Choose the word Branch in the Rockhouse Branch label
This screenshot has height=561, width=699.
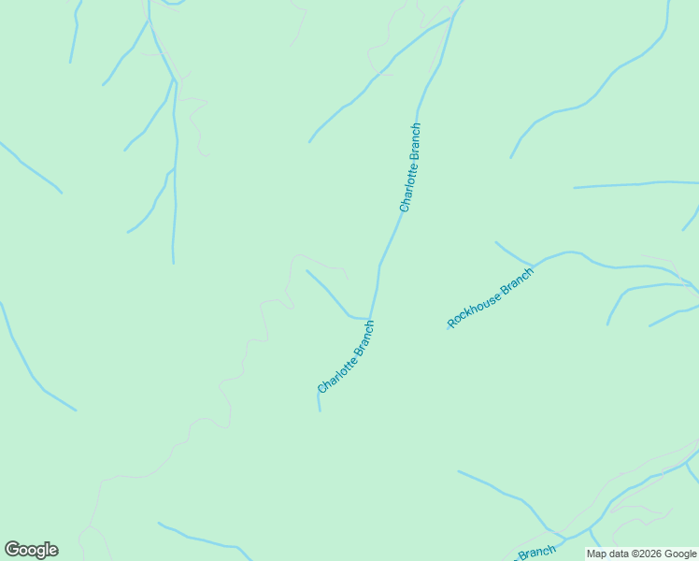(517, 280)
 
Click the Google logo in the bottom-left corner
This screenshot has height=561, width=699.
(31, 550)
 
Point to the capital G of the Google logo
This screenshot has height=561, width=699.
(12, 550)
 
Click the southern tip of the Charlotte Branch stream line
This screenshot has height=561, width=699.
(320, 410)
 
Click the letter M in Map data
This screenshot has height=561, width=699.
(591, 554)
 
